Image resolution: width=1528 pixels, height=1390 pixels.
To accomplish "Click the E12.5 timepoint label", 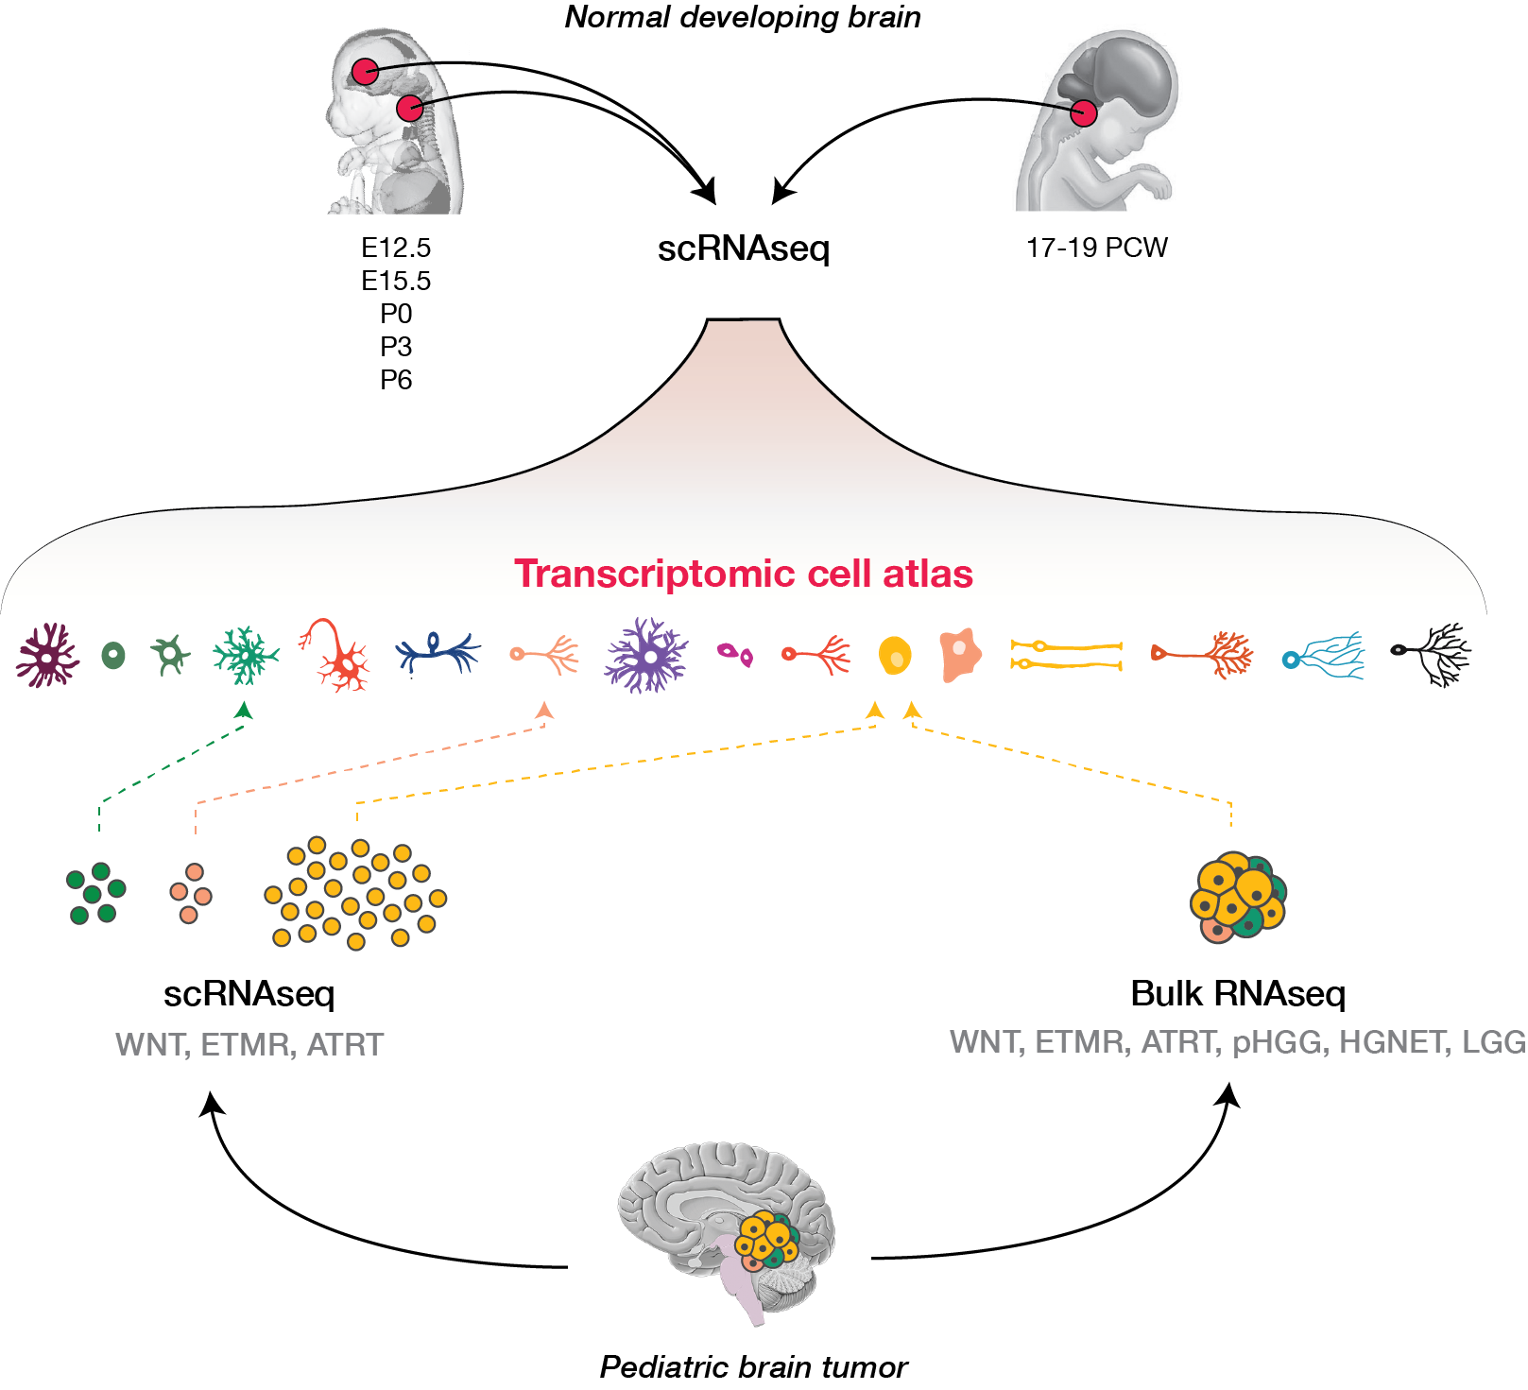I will point(396,248).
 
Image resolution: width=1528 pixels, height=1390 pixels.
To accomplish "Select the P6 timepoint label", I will point(396,380).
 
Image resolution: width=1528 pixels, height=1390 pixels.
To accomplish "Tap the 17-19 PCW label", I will point(1096,248).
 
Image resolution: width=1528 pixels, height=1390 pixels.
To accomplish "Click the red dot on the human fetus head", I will point(1084,113).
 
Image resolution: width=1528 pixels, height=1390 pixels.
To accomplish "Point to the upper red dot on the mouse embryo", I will point(365,71).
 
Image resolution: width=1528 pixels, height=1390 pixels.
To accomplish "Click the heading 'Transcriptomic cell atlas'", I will point(743,575).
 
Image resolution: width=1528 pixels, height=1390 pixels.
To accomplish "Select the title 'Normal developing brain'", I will point(743,17).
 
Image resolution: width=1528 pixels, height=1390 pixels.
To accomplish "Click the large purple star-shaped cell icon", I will point(646,656).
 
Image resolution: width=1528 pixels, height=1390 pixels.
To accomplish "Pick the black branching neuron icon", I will point(1433,653).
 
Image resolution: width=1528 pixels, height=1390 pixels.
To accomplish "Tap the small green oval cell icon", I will point(113,655).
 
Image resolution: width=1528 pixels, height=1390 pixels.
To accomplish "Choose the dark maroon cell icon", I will point(46,654).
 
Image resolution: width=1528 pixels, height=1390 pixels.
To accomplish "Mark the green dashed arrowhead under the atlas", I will point(244,710).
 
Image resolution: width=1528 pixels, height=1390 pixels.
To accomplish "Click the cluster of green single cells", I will point(95,893).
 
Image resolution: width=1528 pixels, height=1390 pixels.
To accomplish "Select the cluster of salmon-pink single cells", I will point(191,893).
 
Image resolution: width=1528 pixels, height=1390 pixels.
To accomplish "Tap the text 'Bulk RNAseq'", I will point(1238,994).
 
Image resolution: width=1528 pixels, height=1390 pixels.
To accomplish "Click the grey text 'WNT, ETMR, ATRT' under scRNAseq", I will point(249,1045).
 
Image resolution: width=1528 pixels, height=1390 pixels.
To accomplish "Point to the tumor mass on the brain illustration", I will point(767,1240).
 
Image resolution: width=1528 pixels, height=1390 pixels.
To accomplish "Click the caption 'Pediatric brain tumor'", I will point(753,1366).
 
